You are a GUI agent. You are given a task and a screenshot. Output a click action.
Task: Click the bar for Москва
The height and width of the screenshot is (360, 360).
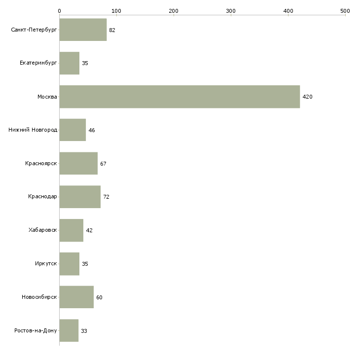click(x=180, y=97)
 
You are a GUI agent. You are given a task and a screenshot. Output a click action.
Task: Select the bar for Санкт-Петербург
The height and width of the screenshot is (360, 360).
click(x=83, y=30)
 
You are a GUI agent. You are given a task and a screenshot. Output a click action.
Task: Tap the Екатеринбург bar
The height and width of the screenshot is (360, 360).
click(x=70, y=63)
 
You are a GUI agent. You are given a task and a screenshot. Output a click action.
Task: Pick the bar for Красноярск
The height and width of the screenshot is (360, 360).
click(x=78, y=163)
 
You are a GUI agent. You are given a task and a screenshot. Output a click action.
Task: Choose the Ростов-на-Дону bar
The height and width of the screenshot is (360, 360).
click(x=69, y=330)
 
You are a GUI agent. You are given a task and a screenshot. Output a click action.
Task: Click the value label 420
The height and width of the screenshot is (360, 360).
click(x=307, y=97)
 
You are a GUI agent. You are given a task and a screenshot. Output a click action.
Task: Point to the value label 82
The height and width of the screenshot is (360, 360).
click(x=112, y=30)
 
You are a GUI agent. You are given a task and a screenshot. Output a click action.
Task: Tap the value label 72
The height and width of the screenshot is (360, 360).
click(x=106, y=197)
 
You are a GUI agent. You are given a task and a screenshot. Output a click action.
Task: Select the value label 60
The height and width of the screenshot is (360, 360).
click(x=99, y=297)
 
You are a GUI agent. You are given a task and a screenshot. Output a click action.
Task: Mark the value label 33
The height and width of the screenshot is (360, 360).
click(x=84, y=331)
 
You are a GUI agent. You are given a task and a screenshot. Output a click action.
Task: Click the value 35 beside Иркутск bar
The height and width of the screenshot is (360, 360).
click(x=85, y=264)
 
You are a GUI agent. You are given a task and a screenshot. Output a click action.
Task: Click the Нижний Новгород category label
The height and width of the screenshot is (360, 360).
click(x=33, y=130)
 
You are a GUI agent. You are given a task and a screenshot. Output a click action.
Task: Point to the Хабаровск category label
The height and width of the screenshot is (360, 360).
click(x=43, y=230)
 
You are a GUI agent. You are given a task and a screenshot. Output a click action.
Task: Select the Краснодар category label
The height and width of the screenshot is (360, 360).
click(x=42, y=197)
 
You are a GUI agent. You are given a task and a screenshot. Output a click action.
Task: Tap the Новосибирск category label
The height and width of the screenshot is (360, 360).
click(x=39, y=297)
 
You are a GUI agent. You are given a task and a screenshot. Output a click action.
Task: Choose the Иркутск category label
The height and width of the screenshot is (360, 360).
click(x=46, y=263)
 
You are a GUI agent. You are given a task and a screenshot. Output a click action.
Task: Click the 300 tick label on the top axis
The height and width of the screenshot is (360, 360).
click(x=231, y=11)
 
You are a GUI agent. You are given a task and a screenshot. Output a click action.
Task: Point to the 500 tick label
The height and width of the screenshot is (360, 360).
click(x=345, y=11)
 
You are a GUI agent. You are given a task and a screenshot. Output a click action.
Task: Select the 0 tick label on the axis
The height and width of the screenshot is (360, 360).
click(x=60, y=11)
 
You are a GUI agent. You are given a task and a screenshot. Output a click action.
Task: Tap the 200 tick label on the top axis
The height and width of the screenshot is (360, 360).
click(x=174, y=11)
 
